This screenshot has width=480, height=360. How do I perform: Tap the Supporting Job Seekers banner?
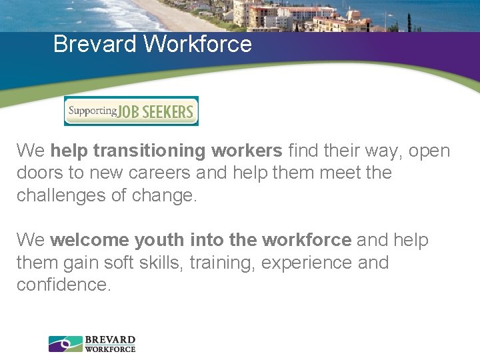click(x=131, y=111)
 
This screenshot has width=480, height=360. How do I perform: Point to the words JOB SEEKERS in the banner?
click(x=157, y=111)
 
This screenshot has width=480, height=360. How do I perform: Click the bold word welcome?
click(x=89, y=240)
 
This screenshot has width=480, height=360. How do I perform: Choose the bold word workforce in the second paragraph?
click(x=307, y=240)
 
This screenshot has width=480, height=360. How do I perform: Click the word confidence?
click(x=63, y=285)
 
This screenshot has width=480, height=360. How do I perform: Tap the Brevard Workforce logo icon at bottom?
click(x=65, y=344)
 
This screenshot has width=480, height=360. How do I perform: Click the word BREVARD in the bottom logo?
click(x=110, y=340)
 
